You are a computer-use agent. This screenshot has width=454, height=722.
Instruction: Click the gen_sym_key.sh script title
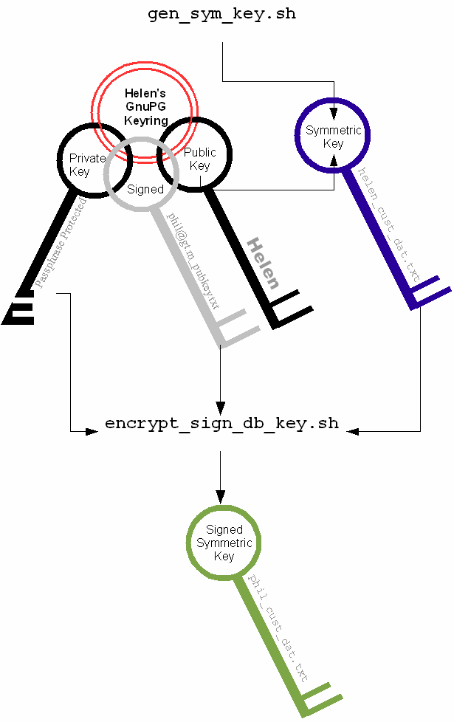(x=221, y=15)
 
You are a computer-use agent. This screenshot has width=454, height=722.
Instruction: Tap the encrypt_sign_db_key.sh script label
(x=221, y=424)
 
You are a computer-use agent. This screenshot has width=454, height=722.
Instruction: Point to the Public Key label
(x=200, y=159)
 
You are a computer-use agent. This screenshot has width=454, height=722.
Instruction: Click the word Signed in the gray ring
(x=145, y=189)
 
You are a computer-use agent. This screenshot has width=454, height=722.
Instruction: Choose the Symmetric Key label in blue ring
(x=334, y=137)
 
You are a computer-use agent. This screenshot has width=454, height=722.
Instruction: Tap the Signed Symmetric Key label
(x=224, y=543)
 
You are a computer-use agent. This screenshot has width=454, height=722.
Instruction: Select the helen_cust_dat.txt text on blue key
(x=388, y=226)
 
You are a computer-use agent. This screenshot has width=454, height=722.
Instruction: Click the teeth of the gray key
(x=241, y=328)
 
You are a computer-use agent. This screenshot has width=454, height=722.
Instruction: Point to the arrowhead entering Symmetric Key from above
(x=334, y=114)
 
